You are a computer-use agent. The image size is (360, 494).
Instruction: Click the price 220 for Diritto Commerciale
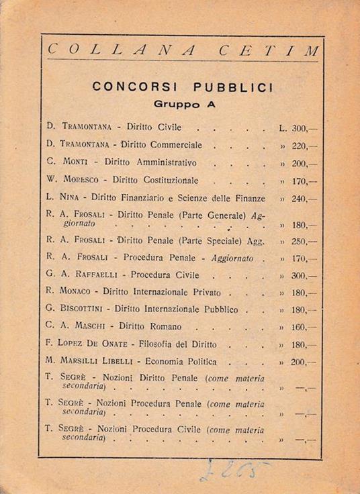coord(300,145)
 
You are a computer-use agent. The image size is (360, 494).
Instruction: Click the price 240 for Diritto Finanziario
coord(300,199)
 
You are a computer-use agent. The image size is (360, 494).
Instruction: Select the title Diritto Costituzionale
coord(155,181)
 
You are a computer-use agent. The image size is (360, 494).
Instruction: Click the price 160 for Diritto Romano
coord(300,328)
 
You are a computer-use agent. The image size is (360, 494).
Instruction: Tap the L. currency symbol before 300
coord(283,127)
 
